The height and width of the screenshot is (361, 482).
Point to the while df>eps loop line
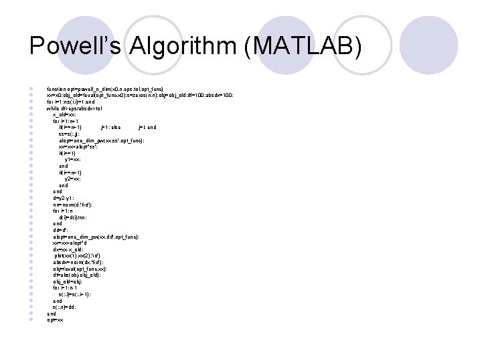(x=74, y=108)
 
